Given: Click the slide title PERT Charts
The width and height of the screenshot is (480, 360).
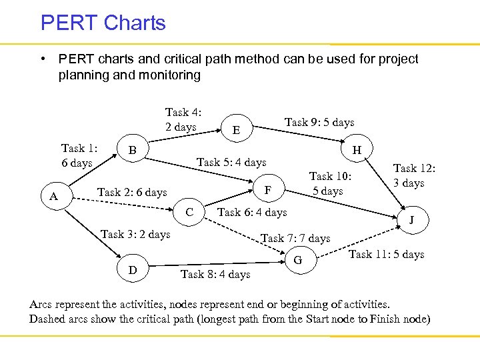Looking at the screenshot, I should (103, 23).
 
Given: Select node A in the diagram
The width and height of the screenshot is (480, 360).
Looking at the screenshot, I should (55, 196).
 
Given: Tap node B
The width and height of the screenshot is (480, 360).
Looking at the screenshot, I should (132, 151).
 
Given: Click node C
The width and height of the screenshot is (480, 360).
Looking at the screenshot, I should (189, 213).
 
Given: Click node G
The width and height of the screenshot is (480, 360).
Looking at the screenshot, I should (298, 259).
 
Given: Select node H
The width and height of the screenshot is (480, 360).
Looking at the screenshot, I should (357, 151).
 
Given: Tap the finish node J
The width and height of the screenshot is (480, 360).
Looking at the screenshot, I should (411, 220).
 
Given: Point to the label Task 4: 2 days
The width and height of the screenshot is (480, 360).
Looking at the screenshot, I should (183, 119).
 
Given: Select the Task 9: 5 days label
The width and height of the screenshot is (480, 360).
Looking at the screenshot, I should (319, 122).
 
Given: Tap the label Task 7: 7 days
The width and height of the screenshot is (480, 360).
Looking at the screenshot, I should (295, 238).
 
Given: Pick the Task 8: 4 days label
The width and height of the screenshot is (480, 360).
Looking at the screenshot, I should (215, 274).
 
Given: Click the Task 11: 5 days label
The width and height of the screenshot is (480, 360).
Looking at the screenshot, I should (386, 254).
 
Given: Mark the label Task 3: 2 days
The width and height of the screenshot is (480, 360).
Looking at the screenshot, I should (135, 234).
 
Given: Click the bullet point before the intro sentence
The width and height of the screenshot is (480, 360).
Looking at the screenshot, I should (43, 59).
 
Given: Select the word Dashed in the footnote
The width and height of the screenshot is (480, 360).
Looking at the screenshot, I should (49, 319).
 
